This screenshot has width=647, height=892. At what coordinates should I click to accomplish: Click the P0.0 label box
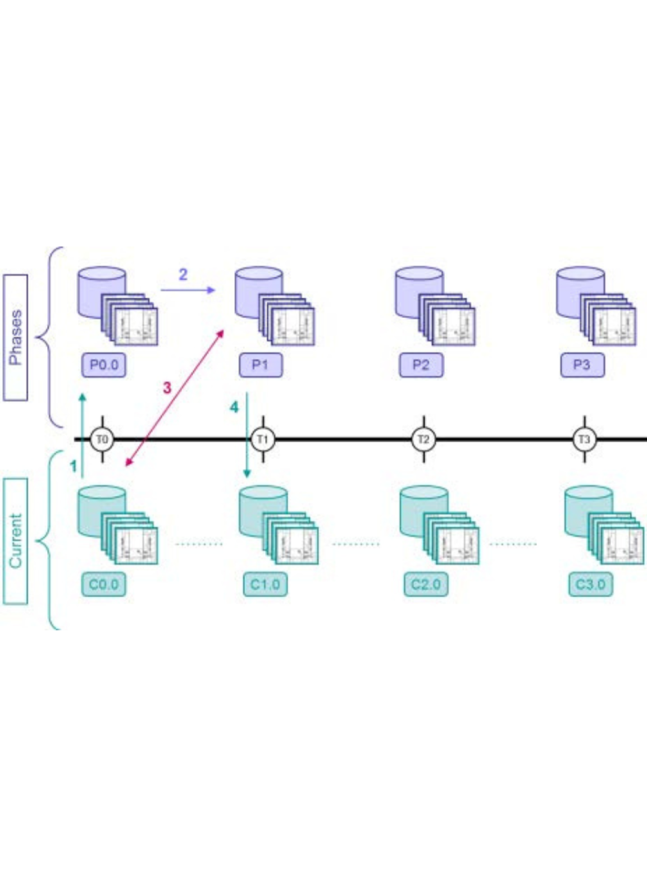[104, 365]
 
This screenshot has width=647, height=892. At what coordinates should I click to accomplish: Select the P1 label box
[260, 365]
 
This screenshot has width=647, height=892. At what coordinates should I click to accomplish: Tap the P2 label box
[421, 365]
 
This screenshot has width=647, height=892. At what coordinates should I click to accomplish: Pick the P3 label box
[582, 365]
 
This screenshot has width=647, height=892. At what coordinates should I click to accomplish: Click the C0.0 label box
[104, 584]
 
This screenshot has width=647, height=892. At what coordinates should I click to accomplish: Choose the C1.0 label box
[265, 584]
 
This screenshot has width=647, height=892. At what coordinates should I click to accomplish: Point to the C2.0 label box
[426, 584]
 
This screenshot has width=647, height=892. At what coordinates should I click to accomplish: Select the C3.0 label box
[590, 584]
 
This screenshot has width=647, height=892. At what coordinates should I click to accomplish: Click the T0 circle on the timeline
[102, 439]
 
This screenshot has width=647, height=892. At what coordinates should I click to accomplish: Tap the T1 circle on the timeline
[262, 439]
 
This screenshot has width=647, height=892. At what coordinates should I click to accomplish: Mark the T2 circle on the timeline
[423, 439]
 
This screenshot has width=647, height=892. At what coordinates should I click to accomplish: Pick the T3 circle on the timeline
[584, 439]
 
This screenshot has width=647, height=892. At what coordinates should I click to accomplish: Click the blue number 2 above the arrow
[183, 275]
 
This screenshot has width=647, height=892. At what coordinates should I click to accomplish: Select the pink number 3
[167, 388]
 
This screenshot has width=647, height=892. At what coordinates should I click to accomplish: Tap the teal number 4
[234, 407]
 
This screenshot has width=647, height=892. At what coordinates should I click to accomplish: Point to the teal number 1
[73, 466]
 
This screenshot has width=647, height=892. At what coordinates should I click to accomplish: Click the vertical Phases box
[16, 337]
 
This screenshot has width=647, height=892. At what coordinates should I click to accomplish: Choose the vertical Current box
[16, 541]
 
